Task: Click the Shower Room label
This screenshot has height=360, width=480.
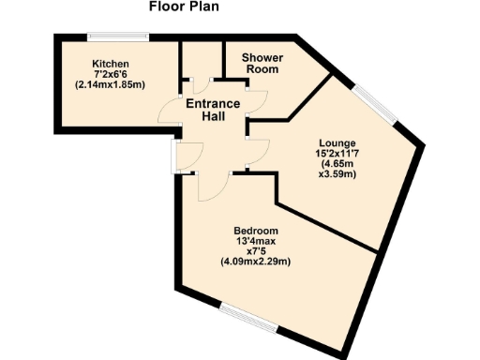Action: pyautogui.click(x=262, y=64)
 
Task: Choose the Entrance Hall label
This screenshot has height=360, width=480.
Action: pyautogui.click(x=213, y=108)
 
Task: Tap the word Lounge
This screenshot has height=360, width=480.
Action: pyautogui.click(x=335, y=142)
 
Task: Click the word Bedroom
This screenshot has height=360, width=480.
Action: pyautogui.click(x=256, y=231)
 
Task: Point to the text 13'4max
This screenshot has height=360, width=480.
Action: pyautogui.click(x=256, y=241)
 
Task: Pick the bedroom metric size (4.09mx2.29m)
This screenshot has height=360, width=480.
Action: pyautogui.click(x=256, y=262)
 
